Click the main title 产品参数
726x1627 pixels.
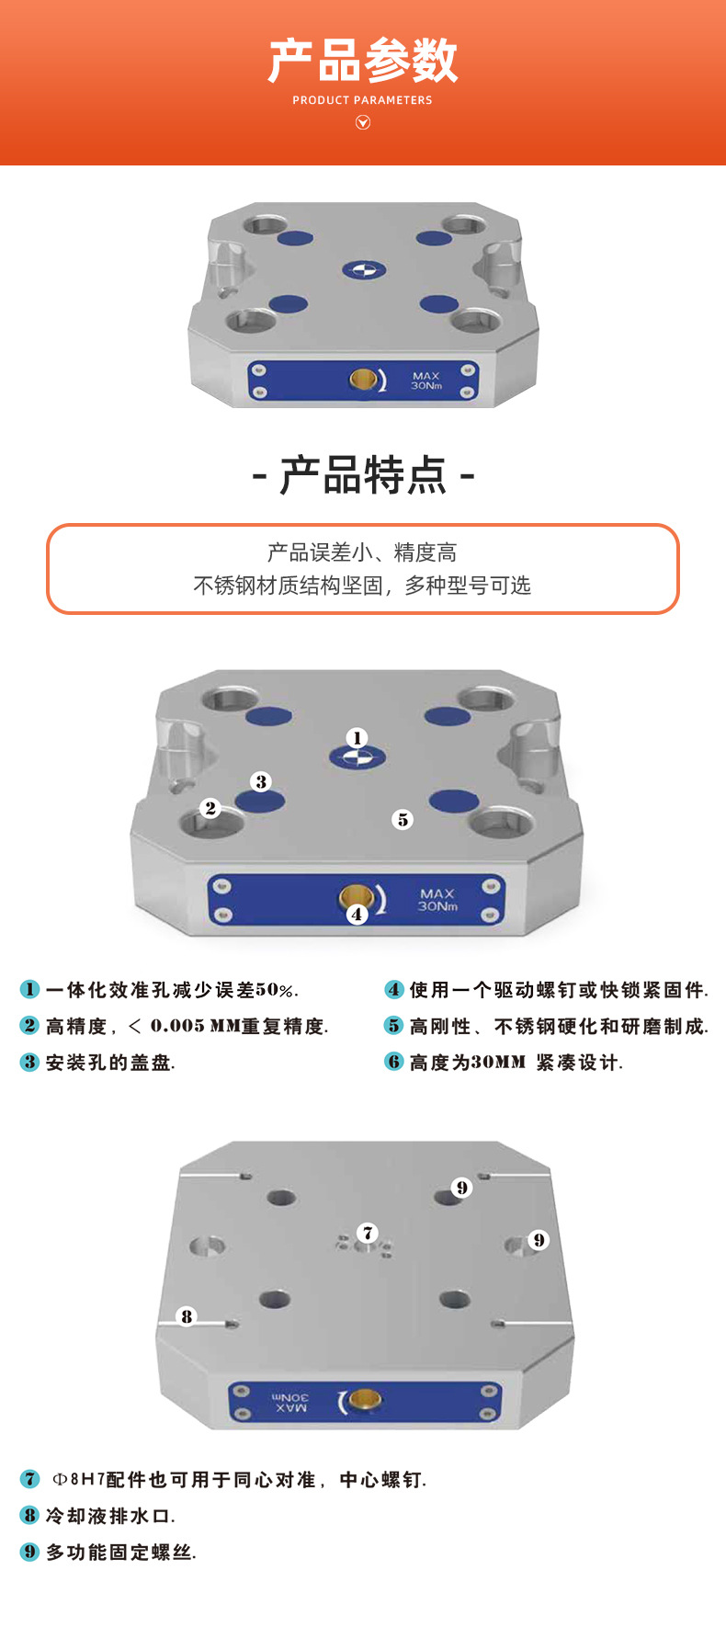(363, 61)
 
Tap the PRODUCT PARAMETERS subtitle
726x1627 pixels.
(362, 100)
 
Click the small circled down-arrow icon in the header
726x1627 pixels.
(363, 122)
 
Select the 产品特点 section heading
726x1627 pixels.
(363, 475)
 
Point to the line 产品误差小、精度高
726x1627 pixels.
(362, 552)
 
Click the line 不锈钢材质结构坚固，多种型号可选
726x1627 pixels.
(362, 586)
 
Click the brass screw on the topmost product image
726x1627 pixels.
(363, 380)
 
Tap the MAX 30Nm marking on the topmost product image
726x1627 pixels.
(426, 381)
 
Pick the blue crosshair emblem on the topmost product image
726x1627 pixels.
(364, 270)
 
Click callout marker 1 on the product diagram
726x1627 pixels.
(357, 737)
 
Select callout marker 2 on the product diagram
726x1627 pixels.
(210, 808)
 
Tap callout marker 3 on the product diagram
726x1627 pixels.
(261, 781)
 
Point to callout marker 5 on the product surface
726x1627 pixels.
(403, 819)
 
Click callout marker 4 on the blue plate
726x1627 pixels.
(357, 914)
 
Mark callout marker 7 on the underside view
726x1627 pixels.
(368, 1233)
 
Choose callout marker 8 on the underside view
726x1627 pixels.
(187, 1316)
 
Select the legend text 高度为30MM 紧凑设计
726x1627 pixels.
(516, 1063)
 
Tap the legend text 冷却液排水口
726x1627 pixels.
(109, 1516)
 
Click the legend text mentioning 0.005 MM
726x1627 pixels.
(187, 1026)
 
